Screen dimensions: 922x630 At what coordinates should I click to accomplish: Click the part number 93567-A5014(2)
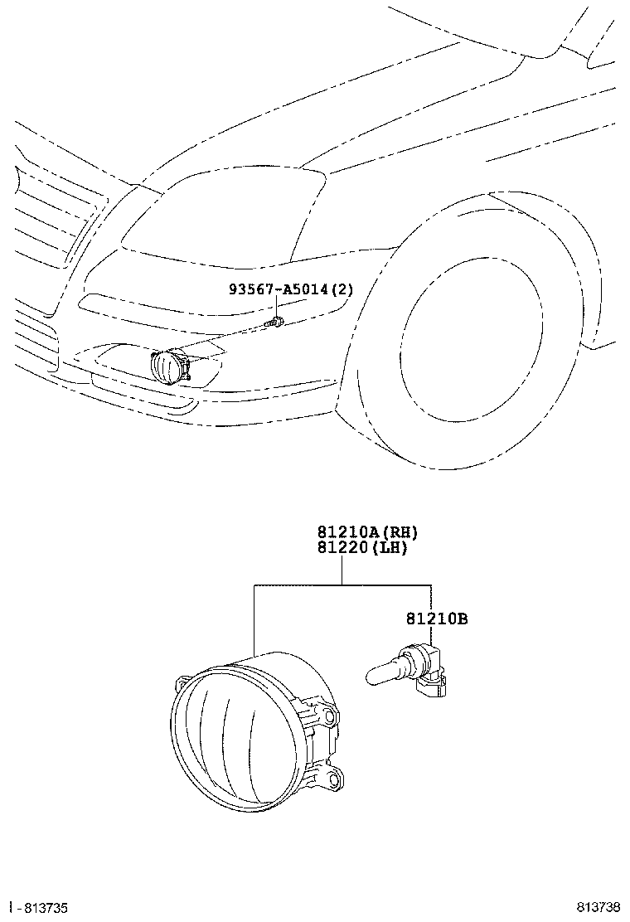(291, 289)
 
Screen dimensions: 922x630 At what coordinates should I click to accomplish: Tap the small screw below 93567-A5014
(276, 321)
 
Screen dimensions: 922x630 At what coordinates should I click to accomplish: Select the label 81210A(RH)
(361, 532)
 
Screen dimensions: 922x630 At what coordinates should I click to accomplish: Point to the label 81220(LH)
(361, 548)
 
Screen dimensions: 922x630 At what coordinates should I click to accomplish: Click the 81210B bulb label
(437, 619)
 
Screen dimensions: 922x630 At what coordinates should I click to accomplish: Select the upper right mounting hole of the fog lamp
(332, 715)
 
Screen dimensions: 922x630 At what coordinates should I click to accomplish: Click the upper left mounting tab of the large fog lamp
(180, 685)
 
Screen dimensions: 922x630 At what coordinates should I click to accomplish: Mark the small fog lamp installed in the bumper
(169, 365)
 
